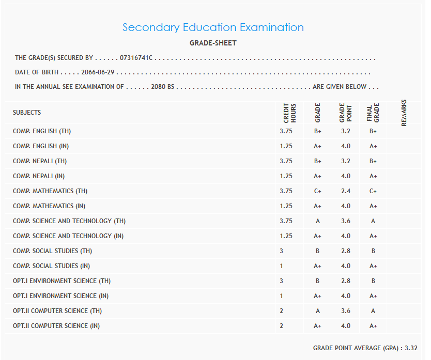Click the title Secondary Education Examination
coord(213,27)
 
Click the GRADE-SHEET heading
coord(213,43)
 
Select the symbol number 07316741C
coord(136,58)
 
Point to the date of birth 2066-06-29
coord(98,72)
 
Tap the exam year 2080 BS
coord(163,87)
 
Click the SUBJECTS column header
coord(27,112)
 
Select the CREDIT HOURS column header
coord(289,113)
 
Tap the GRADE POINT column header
coord(345,113)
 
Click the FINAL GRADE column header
coord(373,113)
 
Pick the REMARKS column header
coord(404,113)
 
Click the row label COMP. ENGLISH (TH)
coord(42,131)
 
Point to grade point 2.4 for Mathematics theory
coord(345,191)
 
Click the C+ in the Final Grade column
coord(373,191)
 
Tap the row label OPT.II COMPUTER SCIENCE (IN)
coord(56,326)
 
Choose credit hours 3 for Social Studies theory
coord(282,251)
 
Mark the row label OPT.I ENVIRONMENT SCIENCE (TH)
coord(61,281)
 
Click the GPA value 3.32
coord(411,348)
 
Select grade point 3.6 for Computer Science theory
coord(345,311)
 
